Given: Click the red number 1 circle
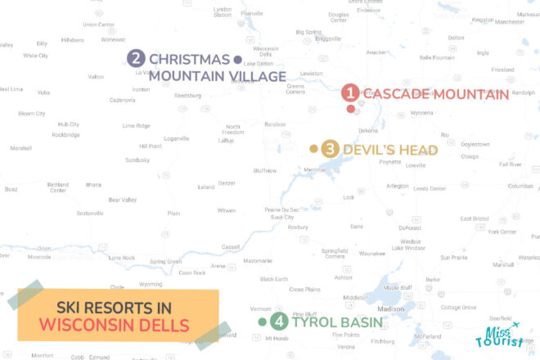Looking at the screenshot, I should [x=350, y=93].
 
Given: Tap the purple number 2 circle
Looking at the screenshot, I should [x=137, y=59].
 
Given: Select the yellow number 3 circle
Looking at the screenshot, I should [x=331, y=149].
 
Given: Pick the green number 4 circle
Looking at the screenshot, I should [x=279, y=322].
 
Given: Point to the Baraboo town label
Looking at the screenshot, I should [x=274, y=124].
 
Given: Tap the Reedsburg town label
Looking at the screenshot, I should [x=187, y=96].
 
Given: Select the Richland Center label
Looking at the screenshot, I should [x=58, y=187].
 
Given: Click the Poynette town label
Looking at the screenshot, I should [x=390, y=162].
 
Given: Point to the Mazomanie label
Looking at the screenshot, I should [x=258, y=261].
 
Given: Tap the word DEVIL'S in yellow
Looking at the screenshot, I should [x=371, y=150].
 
